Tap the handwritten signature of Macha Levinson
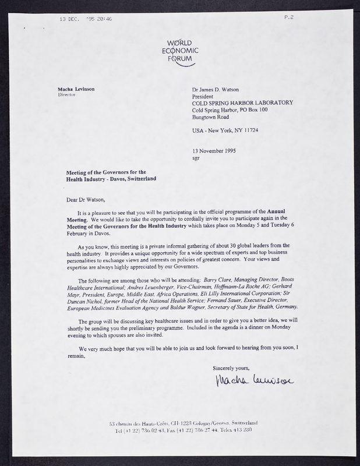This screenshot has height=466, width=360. point(254,383)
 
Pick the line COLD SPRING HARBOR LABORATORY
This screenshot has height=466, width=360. point(242,103)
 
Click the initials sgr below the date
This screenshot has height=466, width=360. point(196,157)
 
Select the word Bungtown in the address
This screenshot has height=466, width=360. point(204,117)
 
